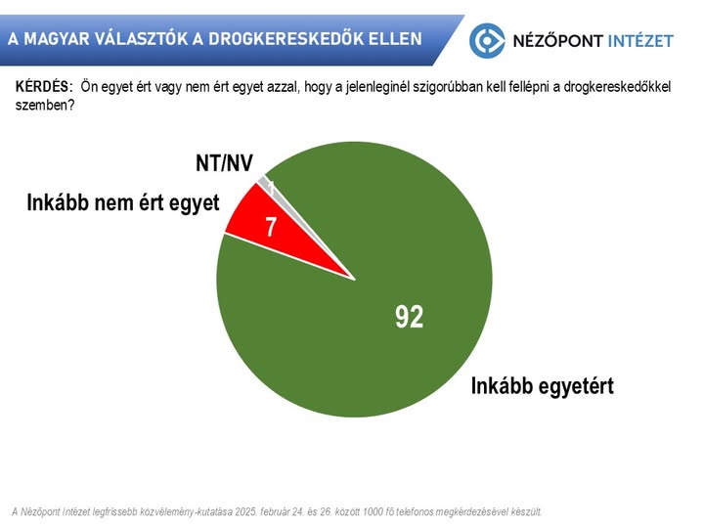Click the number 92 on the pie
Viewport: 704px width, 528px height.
coord(409,316)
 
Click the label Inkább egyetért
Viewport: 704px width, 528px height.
coord(542,385)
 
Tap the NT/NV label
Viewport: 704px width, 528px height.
coord(223,162)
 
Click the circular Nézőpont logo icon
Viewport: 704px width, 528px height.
coord(488,40)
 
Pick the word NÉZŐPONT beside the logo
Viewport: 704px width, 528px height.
coord(555,41)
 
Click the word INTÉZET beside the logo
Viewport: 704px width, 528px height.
coord(639,41)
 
